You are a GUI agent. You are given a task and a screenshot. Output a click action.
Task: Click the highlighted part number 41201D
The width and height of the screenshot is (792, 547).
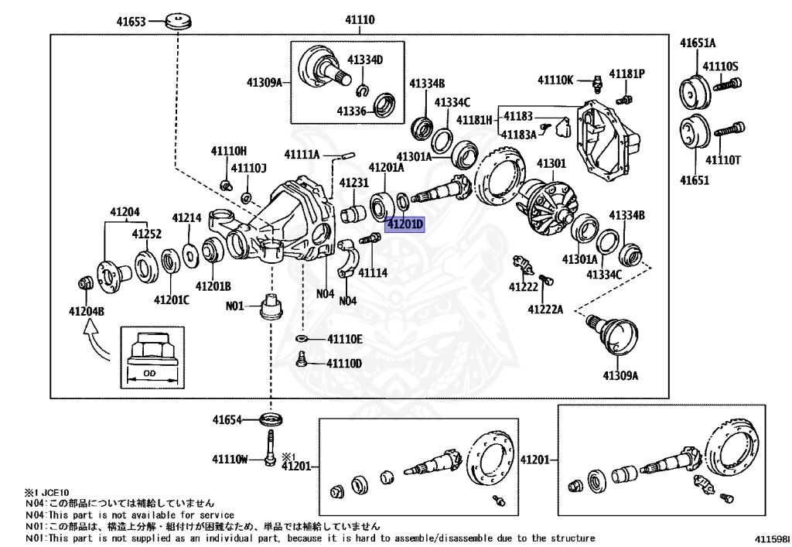pyautogui.click(x=405, y=225)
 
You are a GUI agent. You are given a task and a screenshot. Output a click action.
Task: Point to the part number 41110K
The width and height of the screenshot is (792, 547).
pyautogui.click(x=556, y=80)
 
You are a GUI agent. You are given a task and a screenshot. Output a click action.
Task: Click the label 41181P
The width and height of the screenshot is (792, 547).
pyautogui.click(x=626, y=74)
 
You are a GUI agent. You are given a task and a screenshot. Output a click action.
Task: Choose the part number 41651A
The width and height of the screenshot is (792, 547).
pyautogui.click(x=698, y=43)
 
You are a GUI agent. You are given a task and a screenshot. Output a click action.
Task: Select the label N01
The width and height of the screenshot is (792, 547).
pyautogui.click(x=235, y=306)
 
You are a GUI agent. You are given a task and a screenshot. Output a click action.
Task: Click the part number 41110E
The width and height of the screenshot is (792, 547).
pyautogui.click(x=344, y=339)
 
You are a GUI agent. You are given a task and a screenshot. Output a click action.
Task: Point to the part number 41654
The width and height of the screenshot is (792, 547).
pyautogui.click(x=228, y=420)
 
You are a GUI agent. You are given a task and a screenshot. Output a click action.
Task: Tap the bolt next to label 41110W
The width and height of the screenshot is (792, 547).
pyautogui.click(x=270, y=448)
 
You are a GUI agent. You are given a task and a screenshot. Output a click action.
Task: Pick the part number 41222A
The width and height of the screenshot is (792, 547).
pyautogui.click(x=545, y=309)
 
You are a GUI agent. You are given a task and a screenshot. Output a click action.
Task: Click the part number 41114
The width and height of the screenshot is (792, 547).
pyautogui.click(x=372, y=273)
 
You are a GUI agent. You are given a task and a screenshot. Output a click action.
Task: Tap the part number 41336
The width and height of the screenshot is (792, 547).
pyautogui.click(x=351, y=111)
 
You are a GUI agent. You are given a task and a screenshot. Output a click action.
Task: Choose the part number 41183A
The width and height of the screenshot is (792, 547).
pyautogui.click(x=519, y=135)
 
